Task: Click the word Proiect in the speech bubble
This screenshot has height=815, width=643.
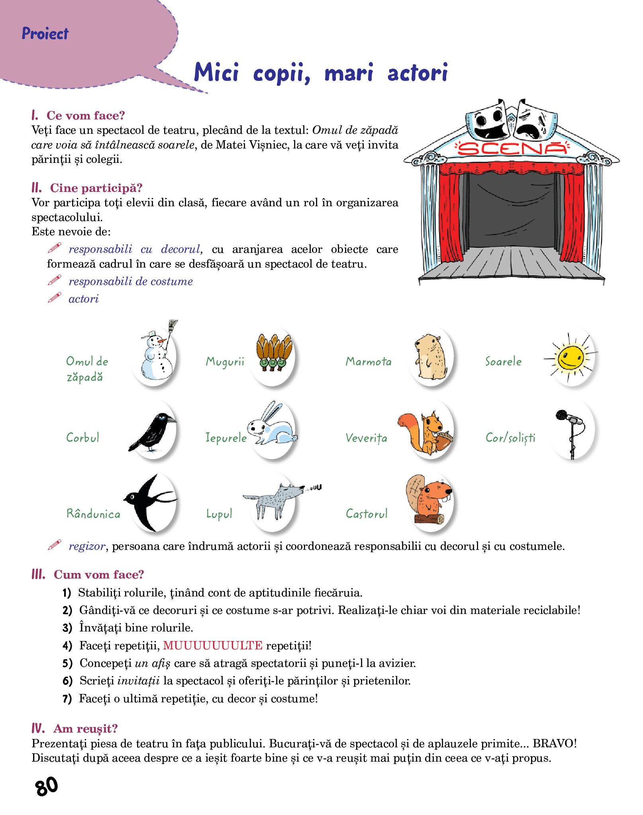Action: pos(45,33)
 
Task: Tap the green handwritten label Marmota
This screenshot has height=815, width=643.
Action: pos(369,362)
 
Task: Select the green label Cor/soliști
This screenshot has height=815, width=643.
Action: pos(510,438)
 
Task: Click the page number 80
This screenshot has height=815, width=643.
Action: pos(47,786)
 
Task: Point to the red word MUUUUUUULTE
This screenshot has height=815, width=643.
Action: pos(213,645)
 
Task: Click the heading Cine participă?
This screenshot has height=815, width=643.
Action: pos(96,188)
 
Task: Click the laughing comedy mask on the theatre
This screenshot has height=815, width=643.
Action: pos(488,121)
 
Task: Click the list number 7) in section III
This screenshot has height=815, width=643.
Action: pos(67,698)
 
